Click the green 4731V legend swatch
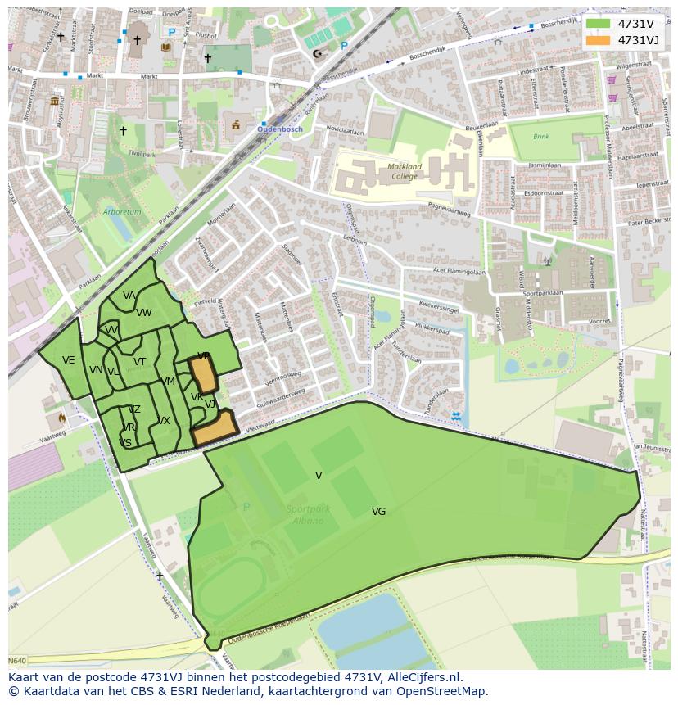[x=599, y=24]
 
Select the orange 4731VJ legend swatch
[x=599, y=40]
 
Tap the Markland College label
[x=404, y=171]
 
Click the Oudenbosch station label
[x=281, y=129]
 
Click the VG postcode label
[x=378, y=512]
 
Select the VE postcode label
[x=69, y=360]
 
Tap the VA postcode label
[x=129, y=296]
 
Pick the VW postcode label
[x=144, y=313]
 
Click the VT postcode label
[x=140, y=362]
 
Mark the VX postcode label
[x=164, y=421]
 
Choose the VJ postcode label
[x=210, y=404]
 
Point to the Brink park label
[x=540, y=137]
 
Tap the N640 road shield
[x=17, y=661]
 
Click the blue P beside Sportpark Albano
[x=246, y=508]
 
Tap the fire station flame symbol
[x=61, y=418]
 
